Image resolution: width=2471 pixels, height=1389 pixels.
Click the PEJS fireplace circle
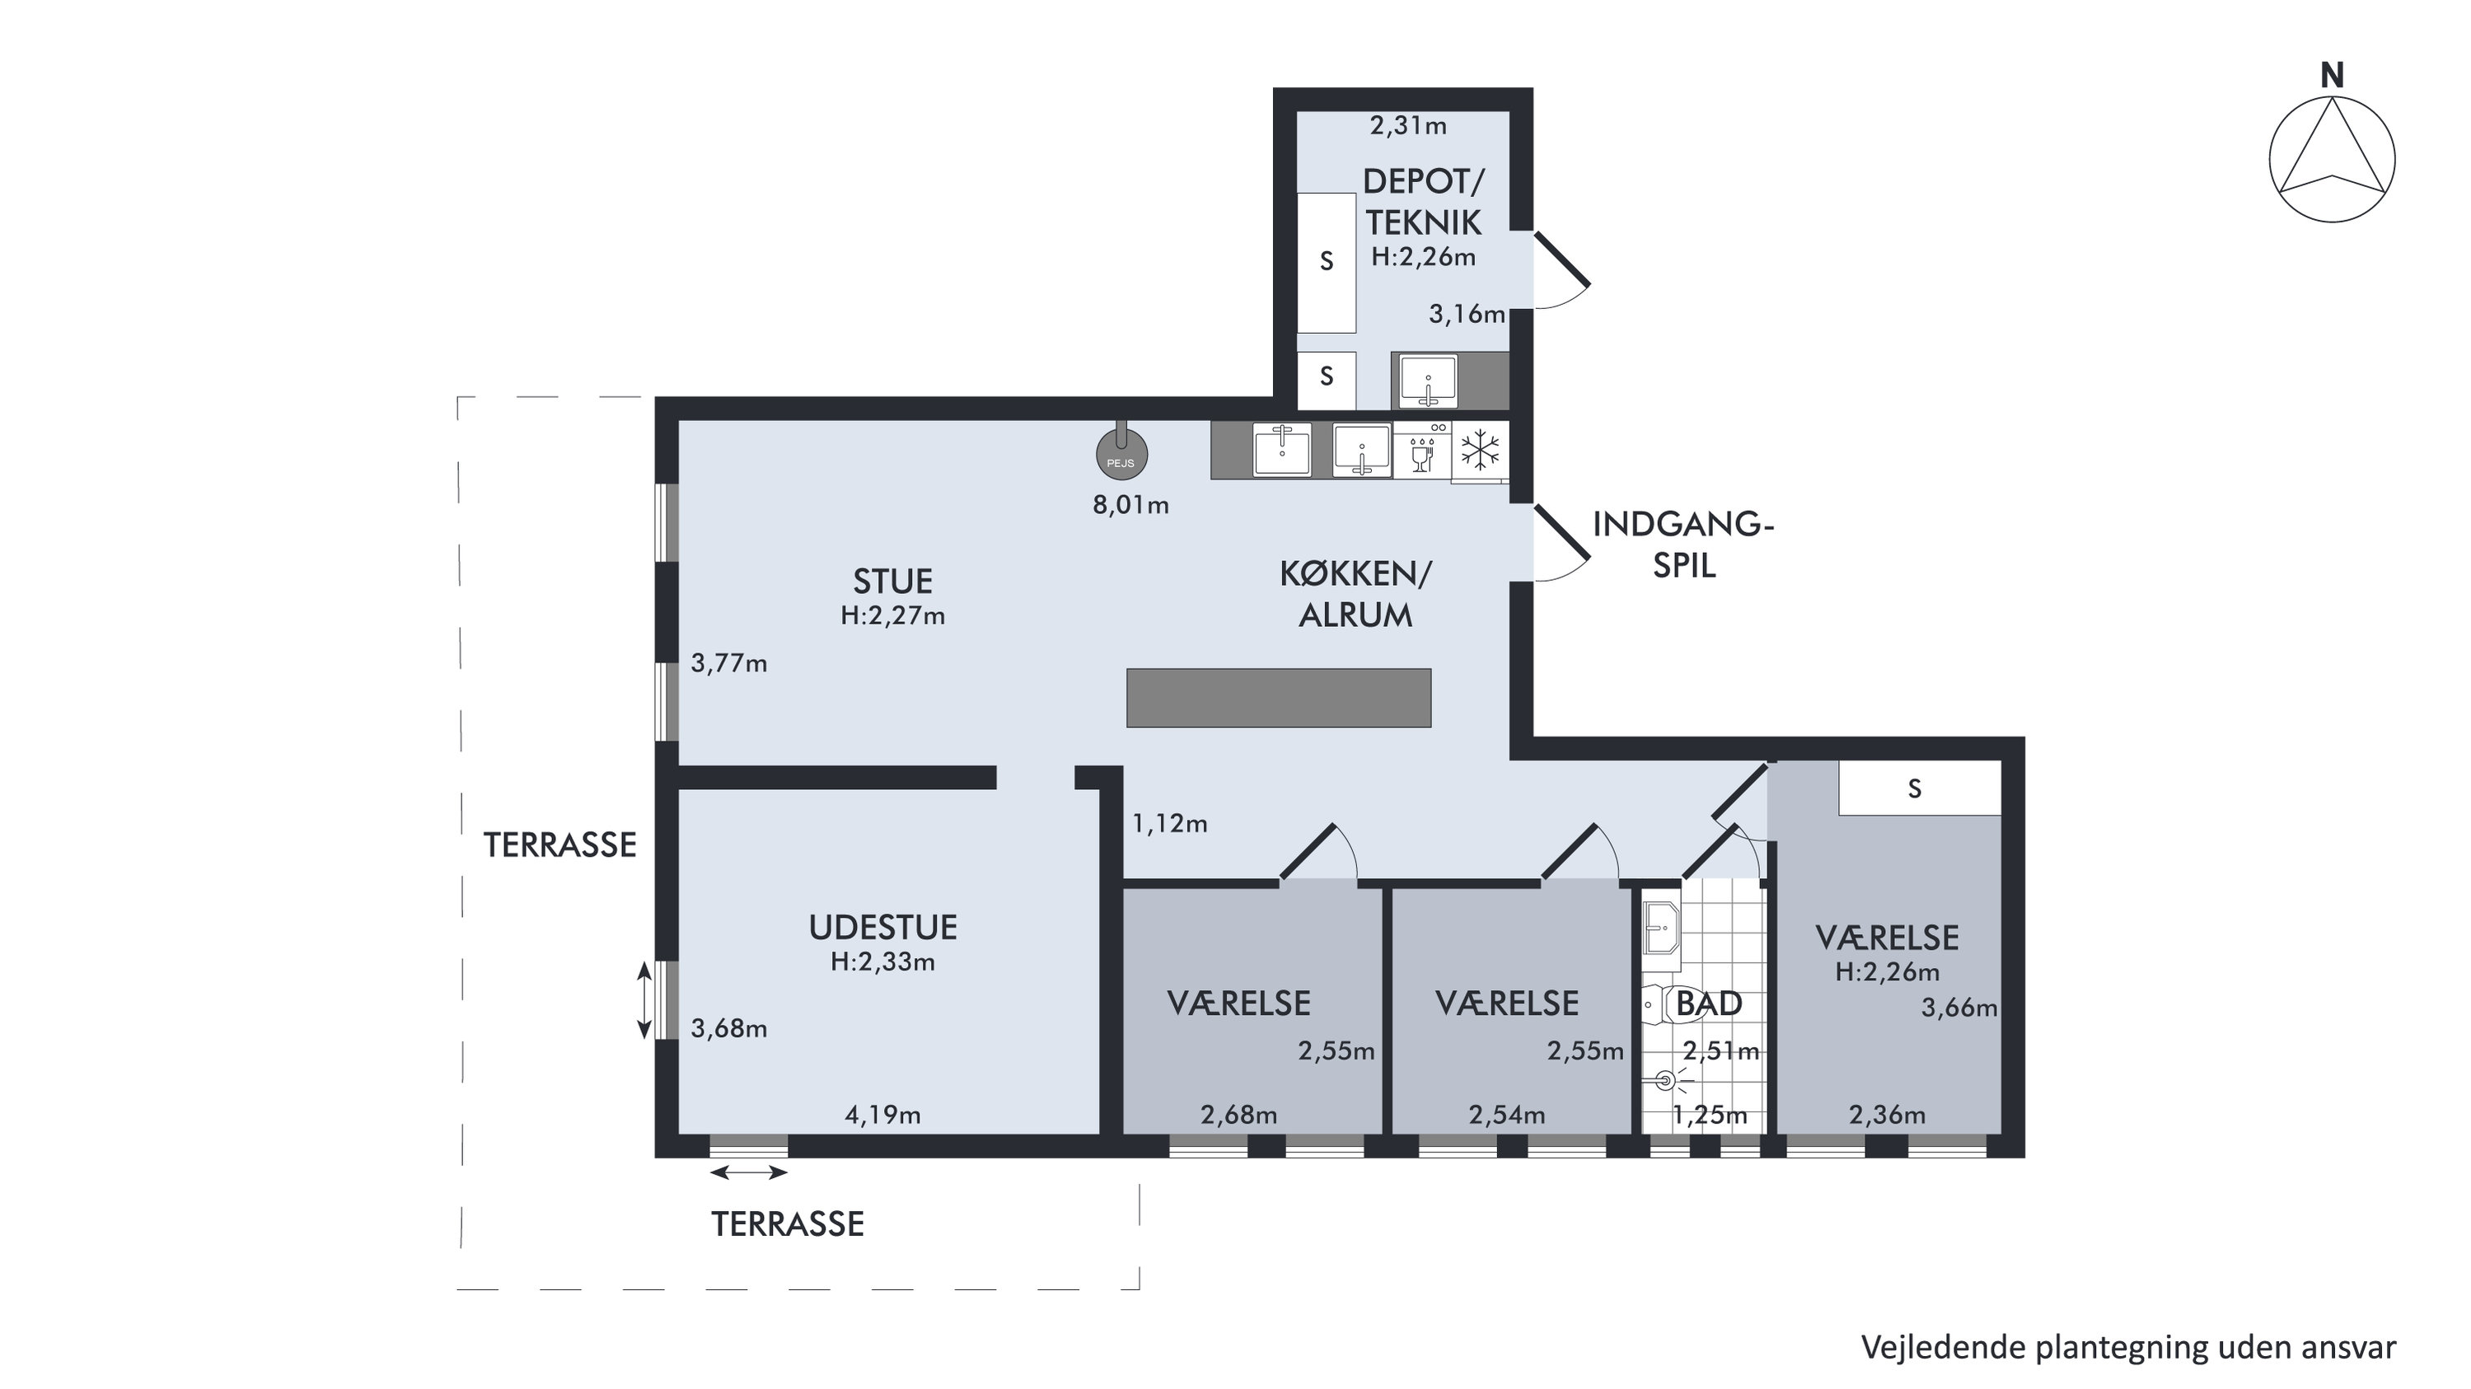1121,455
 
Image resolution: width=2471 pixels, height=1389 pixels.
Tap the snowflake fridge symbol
1480,450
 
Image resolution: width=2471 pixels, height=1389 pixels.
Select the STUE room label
893,582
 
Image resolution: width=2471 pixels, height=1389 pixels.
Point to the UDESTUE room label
882,928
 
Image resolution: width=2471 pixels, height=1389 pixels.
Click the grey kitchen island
1279,697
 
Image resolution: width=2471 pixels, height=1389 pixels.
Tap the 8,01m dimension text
1131,506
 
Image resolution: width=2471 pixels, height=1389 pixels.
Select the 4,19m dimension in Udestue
882,1115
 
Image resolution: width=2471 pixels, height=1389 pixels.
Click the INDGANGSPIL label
1683,545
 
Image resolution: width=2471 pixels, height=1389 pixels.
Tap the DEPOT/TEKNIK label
1424,202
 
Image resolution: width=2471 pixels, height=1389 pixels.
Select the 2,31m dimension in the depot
1408,126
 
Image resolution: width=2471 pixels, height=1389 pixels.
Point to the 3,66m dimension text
1959,1008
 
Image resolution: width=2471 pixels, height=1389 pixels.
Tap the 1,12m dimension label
1169,824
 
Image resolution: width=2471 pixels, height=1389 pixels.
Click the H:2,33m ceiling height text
882,962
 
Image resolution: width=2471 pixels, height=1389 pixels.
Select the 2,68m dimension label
1238,1115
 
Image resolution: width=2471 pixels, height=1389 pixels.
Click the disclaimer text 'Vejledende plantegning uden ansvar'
2128,1348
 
